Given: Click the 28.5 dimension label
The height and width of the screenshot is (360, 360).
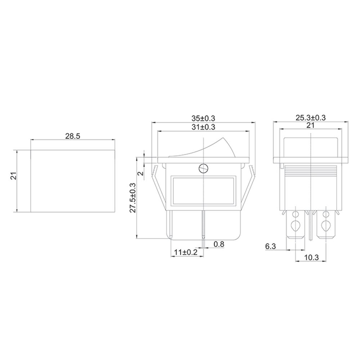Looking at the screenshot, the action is click(x=73, y=136).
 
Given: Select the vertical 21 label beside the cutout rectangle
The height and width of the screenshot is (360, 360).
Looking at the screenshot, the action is click(x=14, y=176).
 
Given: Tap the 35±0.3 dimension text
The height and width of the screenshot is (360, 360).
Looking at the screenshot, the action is click(x=203, y=118).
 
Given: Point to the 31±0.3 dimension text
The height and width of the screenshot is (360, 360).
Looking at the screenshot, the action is click(x=203, y=127).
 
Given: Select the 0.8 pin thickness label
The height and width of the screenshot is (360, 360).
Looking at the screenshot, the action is click(x=219, y=244).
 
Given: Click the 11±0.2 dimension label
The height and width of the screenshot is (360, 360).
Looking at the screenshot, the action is click(x=186, y=252).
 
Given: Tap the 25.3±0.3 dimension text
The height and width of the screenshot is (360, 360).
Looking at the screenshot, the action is click(x=310, y=118).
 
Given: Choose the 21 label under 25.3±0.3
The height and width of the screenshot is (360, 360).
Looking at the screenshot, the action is click(x=310, y=125).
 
